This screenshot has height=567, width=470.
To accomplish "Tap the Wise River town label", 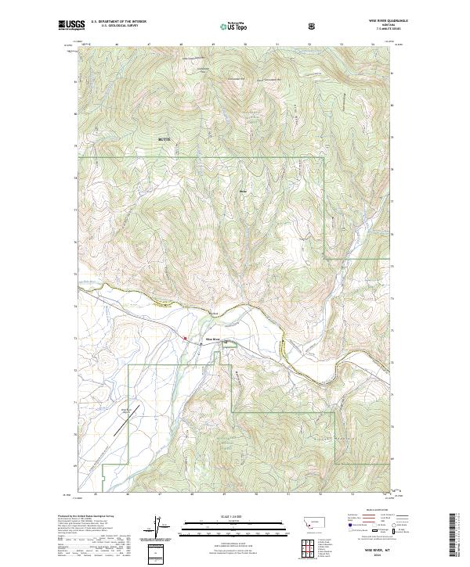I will coord(214,339).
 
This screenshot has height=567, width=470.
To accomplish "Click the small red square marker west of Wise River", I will coord(185,339).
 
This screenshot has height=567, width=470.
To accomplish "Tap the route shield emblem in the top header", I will coord(314,26).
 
